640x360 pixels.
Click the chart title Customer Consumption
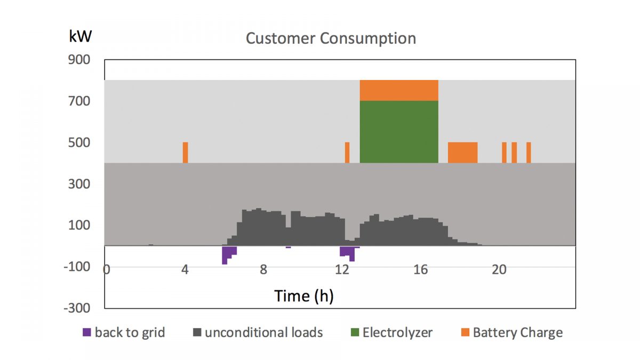coord(331,39)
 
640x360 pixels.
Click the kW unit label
coord(80,36)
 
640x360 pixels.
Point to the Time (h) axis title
coord(304,295)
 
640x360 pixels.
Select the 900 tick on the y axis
coord(79,60)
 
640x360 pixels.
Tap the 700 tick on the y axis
coord(79,101)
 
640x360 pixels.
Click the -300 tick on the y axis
coord(77,308)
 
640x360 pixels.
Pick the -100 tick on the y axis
coord(77,267)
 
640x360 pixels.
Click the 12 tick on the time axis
coord(342,269)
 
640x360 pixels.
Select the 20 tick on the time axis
coord(499,269)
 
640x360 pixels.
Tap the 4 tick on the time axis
coord(185,269)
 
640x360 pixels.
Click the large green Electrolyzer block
coord(399,132)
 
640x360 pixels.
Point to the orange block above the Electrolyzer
coord(399,90)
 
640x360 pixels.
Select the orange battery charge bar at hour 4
coord(185,153)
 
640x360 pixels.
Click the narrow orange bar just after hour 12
coord(347,153)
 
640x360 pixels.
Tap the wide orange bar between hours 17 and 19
coord(462,153)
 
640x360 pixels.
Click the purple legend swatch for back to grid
coord(87,333)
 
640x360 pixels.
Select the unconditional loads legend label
coord(264,333)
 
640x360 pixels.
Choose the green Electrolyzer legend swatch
coord(355,333)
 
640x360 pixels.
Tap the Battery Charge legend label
coord(517,333)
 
